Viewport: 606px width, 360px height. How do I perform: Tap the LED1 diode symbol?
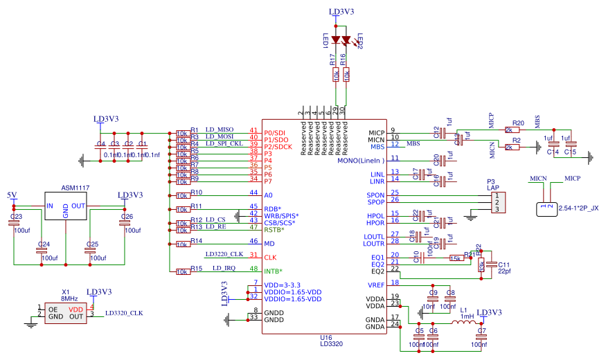point(337,39)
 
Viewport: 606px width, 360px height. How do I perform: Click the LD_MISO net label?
point(219,129)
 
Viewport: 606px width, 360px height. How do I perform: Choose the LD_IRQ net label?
point(226,268)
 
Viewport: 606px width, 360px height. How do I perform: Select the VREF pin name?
point(375,285)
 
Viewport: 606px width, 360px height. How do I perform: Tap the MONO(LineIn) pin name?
point(360,161)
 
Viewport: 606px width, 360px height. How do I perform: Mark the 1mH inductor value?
point(467,316)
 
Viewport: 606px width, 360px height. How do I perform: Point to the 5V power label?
point(12,195)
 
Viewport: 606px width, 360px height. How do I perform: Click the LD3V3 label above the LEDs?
point(341,12)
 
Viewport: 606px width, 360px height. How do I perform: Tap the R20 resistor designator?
point(518,123)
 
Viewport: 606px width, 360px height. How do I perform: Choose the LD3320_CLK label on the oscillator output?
point(124,313)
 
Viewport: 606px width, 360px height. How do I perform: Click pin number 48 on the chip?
point(253,269)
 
